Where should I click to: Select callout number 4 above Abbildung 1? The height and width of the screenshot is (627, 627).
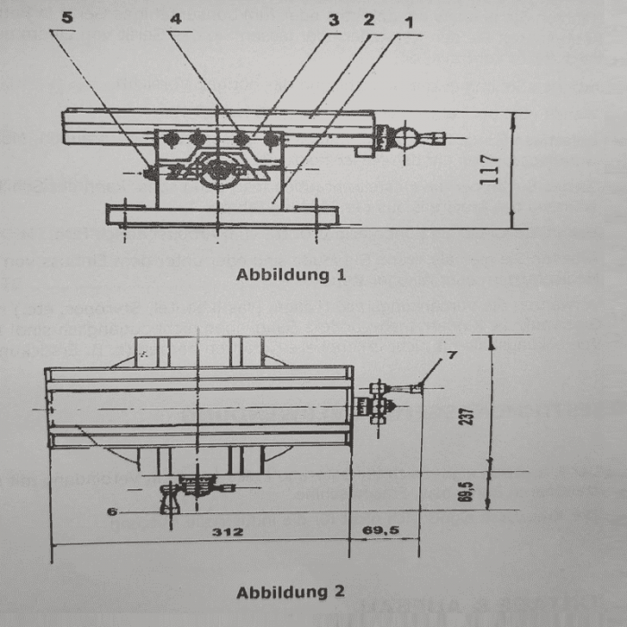click(176, 17)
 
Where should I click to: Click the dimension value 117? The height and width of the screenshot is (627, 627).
click(491, 170)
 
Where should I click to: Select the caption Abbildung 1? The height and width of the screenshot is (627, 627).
click(290, 274)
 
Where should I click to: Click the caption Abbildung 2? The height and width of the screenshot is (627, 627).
click(290, 592)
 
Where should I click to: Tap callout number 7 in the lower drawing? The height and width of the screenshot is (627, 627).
click(451, 356)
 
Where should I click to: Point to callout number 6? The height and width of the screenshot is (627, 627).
click(113, 511)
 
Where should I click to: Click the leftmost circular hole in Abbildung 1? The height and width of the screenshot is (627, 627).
click(172, 139)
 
